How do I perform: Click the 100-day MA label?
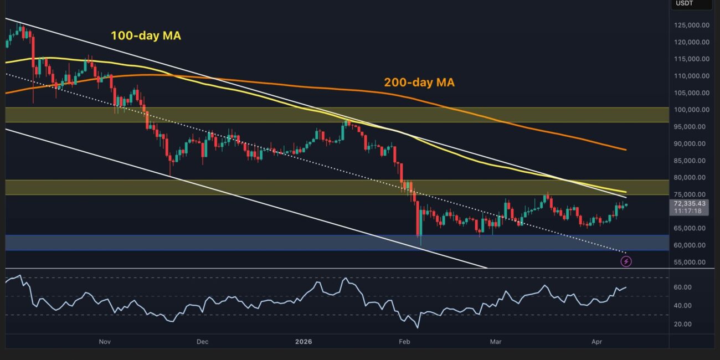(146, 36)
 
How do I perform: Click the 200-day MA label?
(419, 83)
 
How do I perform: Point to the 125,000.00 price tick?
(690, 25)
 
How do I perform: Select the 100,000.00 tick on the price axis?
(690, 110)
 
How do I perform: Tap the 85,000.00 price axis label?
(690, 161)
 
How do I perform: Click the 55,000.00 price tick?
(690, 262)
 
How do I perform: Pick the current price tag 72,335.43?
(690, 204)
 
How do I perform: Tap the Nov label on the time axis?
(105, 342)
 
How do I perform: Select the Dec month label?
(202, 342)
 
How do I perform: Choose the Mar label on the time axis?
(496, 342)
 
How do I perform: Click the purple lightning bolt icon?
(626, 261)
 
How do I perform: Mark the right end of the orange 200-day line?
(626, 150)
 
